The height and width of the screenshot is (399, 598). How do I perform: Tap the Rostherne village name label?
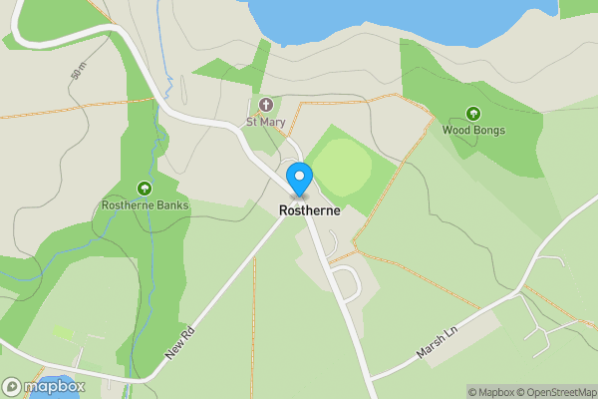[309, 210]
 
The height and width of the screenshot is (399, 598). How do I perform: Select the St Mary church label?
[265, 124]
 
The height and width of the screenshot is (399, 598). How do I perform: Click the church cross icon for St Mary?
[266, 105]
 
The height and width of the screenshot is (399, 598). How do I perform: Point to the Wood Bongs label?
[473, 131]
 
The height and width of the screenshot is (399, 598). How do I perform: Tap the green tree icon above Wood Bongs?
[473, 114]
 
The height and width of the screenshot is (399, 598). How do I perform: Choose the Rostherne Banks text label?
[145, 205]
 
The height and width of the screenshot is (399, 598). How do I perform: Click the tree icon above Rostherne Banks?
[145, 189]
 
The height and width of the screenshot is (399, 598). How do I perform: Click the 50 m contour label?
[78, 71]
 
